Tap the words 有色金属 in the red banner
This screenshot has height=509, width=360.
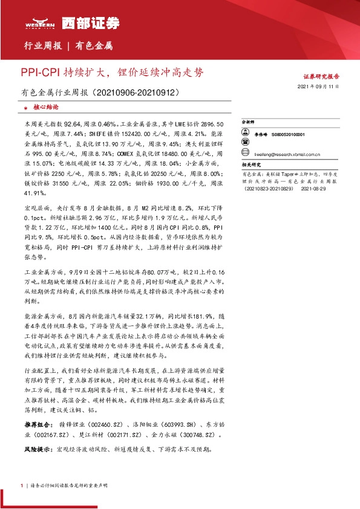point(96,46)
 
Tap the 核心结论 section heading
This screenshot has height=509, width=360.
point(46,106)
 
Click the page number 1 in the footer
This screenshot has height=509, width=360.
point(22,485)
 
